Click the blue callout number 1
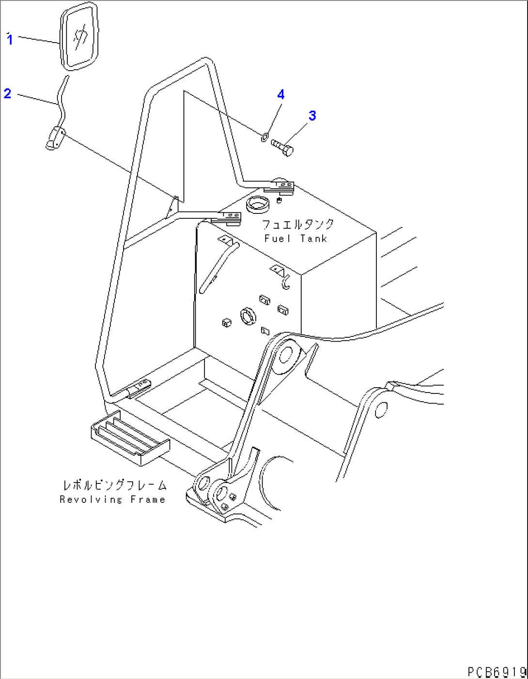[10, 40]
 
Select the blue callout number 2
[7, 93]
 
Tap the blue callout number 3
[312, 116]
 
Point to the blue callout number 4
[281, 94]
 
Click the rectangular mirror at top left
[79, 36]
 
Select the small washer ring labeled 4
[264, 136]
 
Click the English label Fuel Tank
[295, 239]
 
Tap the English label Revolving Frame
[112, 499]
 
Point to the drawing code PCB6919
[497, 671]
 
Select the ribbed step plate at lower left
[130, 438]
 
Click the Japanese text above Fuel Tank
[298, 225]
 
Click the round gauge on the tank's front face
[248, 317]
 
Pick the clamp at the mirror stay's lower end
[55, 137]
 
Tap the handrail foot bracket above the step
[140, 388]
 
